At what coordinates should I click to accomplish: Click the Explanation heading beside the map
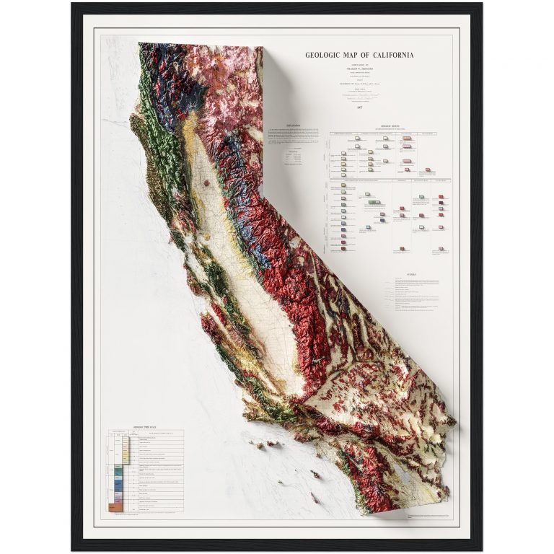pos(294,124)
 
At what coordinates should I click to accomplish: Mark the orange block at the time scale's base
pos(113,509)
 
